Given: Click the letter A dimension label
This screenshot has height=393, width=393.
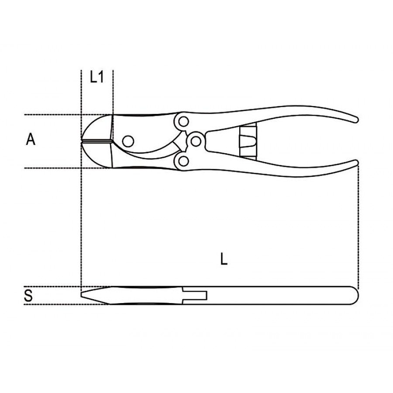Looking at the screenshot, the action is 31,139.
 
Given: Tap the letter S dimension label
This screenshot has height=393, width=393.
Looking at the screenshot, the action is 28,296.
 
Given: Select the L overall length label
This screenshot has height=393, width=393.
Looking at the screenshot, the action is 224,259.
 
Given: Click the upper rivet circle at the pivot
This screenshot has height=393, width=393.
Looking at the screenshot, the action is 184,122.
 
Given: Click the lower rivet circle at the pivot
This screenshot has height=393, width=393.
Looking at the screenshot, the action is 184,161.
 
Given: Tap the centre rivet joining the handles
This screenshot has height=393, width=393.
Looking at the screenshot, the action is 196,141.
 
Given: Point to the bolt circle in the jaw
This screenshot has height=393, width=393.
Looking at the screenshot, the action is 128,141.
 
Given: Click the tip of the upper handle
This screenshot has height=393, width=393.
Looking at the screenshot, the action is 355,120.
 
